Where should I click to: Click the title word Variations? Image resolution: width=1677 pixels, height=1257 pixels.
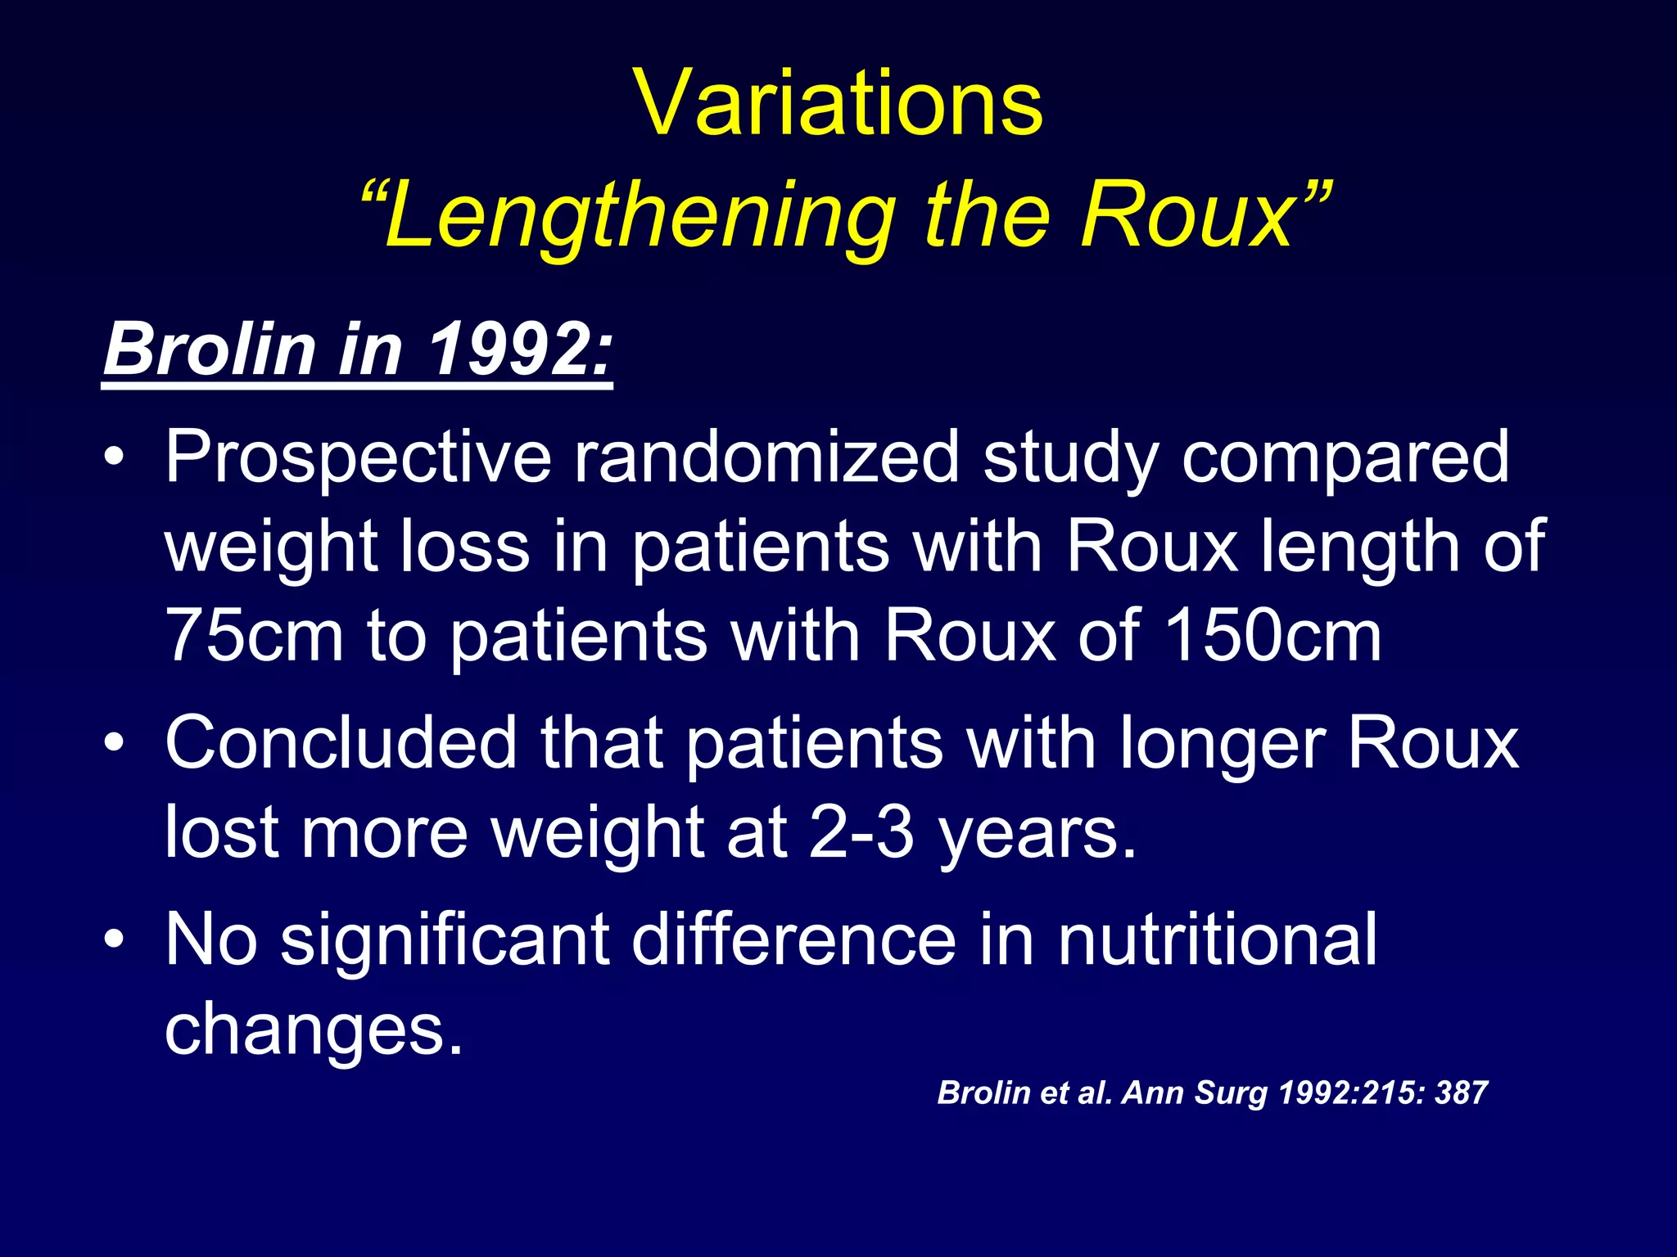(x=838, y=104)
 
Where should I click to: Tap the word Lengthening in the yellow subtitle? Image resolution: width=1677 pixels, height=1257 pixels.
(x=639, y=216)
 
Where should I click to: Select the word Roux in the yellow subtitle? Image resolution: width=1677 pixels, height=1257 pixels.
(x=1187, y=216)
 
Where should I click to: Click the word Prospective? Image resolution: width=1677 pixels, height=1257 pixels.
(x=358, y=458)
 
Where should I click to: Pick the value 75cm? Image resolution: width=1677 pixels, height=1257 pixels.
(x=254, y=636)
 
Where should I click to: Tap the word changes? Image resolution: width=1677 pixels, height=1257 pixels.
(x=314, y=1030)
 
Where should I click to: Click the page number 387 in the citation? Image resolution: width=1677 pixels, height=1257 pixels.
(x=1461, y=1093)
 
